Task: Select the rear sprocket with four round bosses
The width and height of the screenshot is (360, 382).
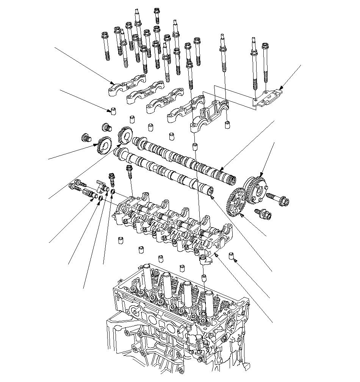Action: click(x=255, y=189)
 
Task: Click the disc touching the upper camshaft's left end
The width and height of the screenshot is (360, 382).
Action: click(x=125, y=136)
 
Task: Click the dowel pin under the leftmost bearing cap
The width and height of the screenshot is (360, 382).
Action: click(x=113, y=110)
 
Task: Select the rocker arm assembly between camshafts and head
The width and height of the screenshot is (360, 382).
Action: click(x=171, y=224)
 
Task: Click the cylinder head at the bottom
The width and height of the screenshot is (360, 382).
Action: click(x=178, y=311)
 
